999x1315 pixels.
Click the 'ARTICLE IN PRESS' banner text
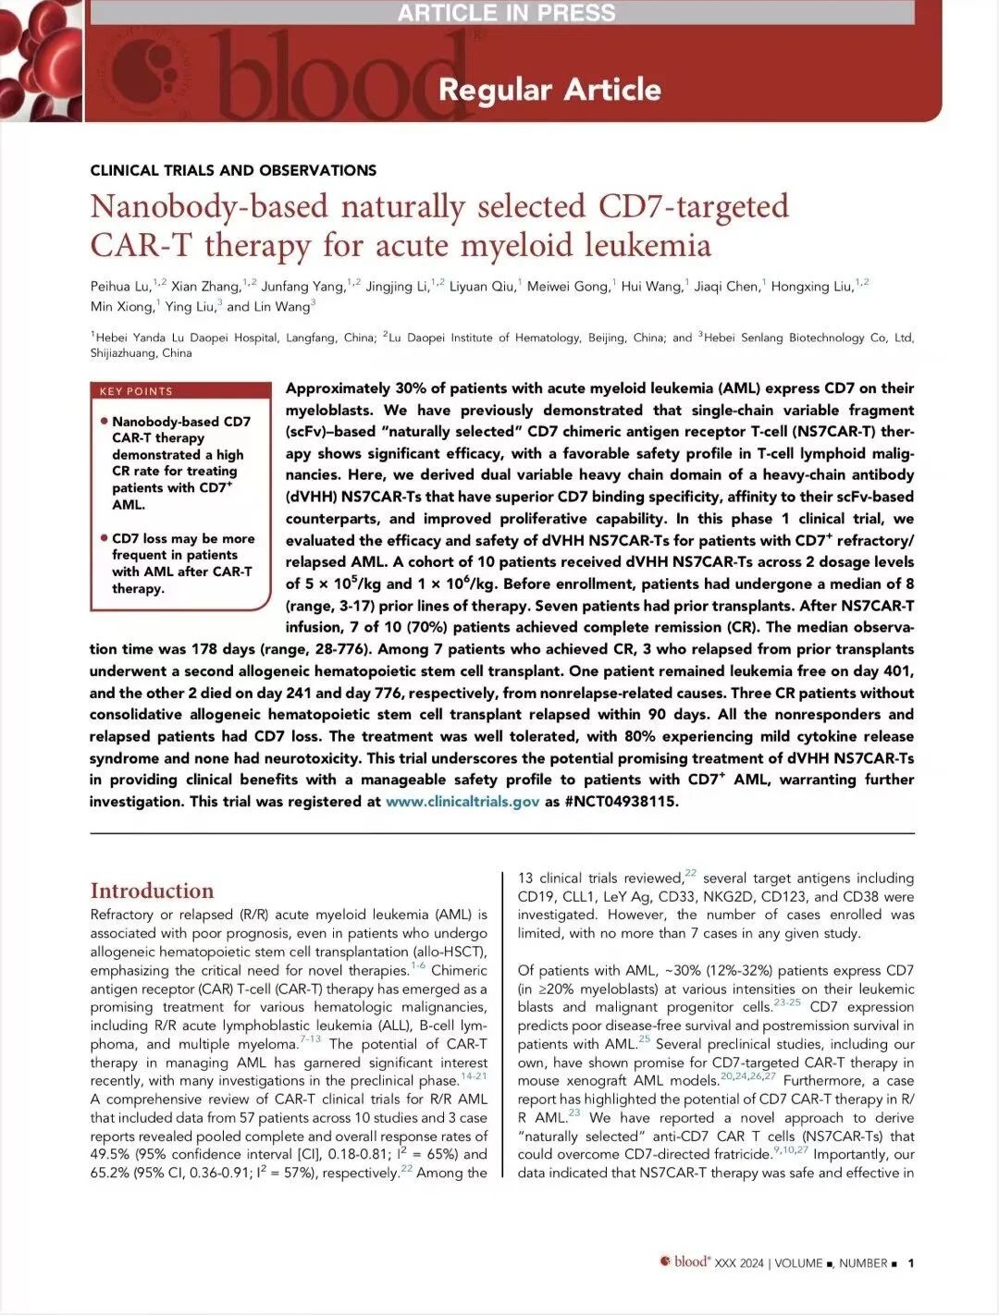coord(506,13)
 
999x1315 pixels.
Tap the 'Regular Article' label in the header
coord(549,90)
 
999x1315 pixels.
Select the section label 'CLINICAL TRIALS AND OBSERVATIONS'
coord(233,170)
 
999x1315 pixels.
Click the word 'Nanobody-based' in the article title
coord(209,206)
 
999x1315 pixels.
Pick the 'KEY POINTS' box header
coord(136,391)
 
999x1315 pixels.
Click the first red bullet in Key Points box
coord(105,422)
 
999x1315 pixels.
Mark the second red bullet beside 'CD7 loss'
coord(105,538)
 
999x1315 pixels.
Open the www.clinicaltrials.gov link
coord(462,802)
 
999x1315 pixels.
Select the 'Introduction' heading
coord(152,891)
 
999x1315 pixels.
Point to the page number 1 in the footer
coord(911,1263)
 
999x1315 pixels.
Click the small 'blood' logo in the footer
coord(685,1262)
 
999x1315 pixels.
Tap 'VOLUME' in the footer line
coord(798,1263)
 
